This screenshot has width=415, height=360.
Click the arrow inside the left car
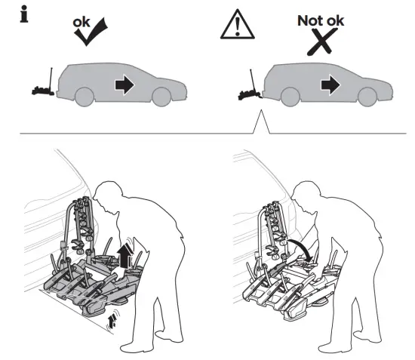pyautogui.click(x=123, y=84)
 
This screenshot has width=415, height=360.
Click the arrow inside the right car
pyautogui.click(x=330, y=85)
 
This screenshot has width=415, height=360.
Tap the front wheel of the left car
pyautogui.click(x=161, y=97)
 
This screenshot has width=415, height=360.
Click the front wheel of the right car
pyautogui.click(x=367, y=97)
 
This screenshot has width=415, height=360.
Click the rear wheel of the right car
pyautogui.click(x=291, y=97)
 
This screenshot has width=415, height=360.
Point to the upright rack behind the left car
pyautogui.click(x=44, y=83)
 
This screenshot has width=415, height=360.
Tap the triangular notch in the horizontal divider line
pyautogui.click(x=261, y=124)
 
